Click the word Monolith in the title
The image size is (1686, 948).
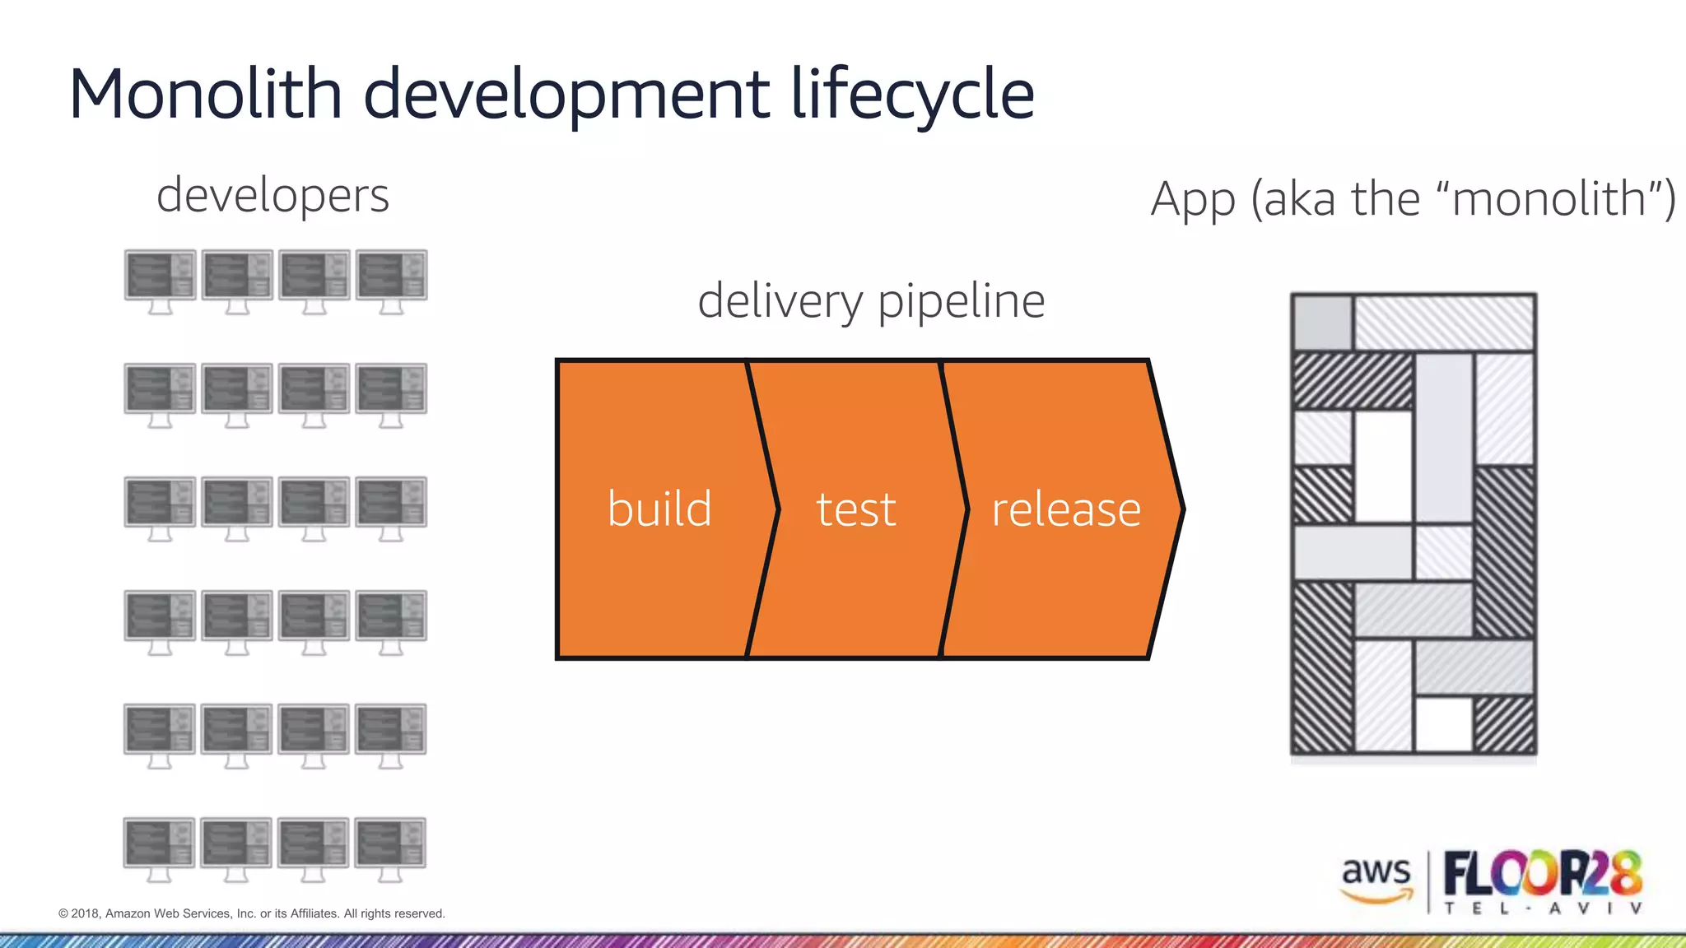205,94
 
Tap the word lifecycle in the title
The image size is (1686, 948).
912,95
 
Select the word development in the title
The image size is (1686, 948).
567,95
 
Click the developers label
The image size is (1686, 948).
272,196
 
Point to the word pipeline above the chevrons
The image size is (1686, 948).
961,301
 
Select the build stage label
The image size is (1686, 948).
659,509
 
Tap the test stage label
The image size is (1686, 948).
855,509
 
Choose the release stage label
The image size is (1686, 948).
1066,509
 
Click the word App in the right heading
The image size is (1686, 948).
1193,199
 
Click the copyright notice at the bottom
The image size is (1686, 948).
252,913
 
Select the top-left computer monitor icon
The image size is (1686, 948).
161,280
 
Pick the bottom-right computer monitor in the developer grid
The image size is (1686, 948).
390,848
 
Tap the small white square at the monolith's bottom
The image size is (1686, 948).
1443,724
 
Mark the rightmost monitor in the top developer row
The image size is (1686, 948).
391,280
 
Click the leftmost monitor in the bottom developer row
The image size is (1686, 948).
160,848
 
